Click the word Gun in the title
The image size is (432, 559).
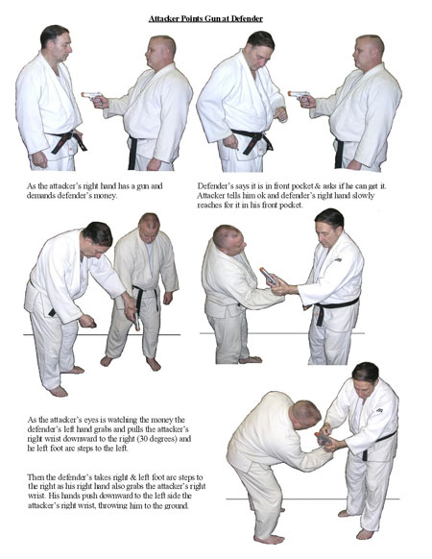(212, 18)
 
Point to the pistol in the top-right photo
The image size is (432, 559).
(300, 96)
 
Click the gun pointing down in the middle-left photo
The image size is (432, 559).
(137, 321)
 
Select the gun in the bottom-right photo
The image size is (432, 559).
(323, 438)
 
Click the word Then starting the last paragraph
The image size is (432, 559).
(35, 477)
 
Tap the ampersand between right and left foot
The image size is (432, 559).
(132, 477)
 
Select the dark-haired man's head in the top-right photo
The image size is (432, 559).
(260, 48)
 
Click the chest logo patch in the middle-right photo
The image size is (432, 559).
(338, 260)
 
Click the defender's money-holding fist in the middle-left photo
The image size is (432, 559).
(86, 321)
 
